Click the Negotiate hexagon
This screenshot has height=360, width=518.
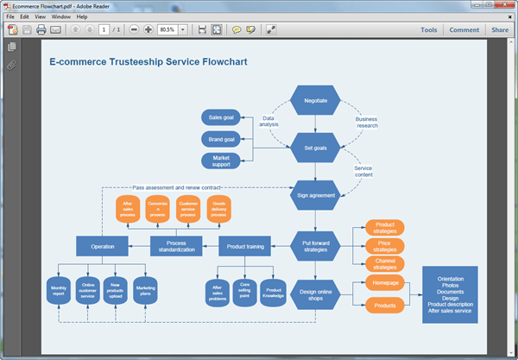(x=314, y=101)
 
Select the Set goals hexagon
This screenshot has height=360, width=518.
(x=314, y=148)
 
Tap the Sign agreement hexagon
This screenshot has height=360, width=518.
(x=314, y=195)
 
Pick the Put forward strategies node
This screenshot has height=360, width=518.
(x=314, y=248)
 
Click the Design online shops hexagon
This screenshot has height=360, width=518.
(x=314, y=295)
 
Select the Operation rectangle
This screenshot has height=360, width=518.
(x=103, y=248)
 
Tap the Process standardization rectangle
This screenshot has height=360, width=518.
(x=177, y=248)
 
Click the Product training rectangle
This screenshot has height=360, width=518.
(x=245, y=248)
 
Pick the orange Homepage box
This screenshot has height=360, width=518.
(x=385, y=282)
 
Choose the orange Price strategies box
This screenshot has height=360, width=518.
(x=385, y=246)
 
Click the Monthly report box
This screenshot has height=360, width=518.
(x=59, y=291)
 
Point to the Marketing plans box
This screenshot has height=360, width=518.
(x=145, y=291)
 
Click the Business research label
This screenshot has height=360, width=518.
(x=367, y=122)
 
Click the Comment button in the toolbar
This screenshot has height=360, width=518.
(x=464, y=30)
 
